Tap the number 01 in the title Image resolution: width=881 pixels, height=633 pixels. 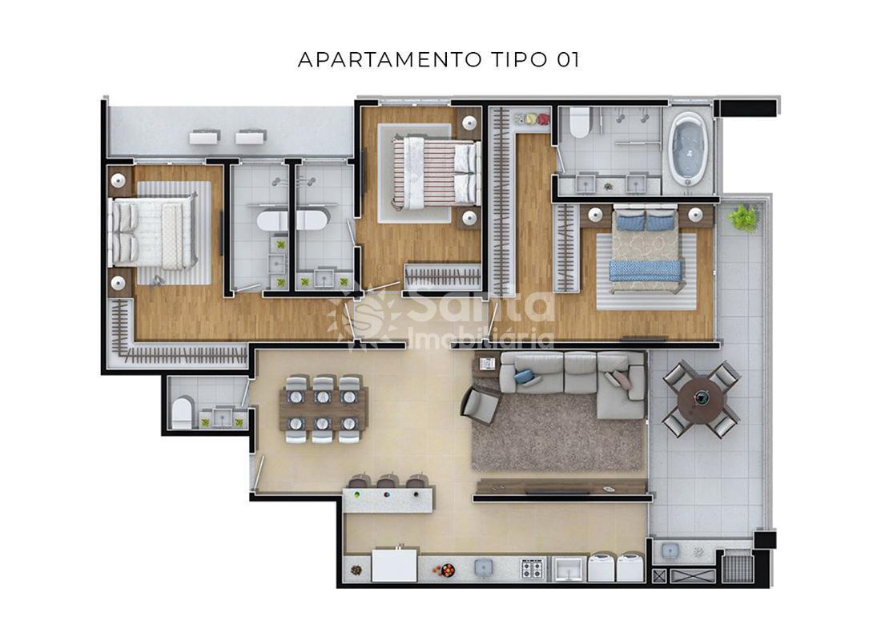[568, 59]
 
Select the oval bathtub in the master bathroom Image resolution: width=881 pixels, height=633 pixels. [688, 149]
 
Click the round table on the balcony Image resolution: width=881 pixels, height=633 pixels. [701, 398]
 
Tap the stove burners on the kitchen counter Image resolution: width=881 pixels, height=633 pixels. [532, 569]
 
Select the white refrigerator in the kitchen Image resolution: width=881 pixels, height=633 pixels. [394, 565]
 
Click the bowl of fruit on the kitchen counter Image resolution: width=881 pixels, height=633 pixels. [444, 571]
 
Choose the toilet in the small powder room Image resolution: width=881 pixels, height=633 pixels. [183, 413]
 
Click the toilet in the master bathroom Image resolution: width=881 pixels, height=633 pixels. [579, 123]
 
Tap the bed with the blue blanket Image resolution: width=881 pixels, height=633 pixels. [646, 249]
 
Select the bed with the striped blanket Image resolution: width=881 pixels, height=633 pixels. [436, 171]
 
